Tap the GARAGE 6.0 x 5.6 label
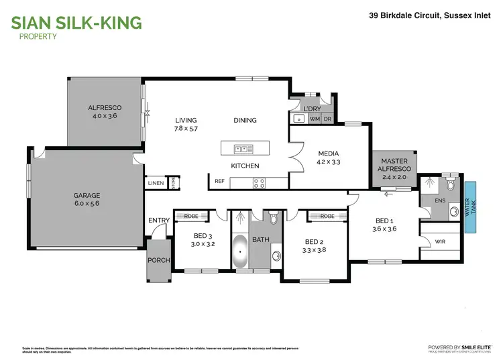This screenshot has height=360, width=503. pyautogui.click(x=87, y=200)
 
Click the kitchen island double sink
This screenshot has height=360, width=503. pyautogui.click(x=241, y=149)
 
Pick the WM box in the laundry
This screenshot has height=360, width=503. pyautogui.click(x=315, y=119)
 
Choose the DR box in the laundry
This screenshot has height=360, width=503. pyautogui.click(x=327, y=119)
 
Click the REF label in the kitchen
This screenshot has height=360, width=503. pyautogui.click(x=219, y=181)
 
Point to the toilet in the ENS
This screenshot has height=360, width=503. pyautogui.click(x=451, y=183)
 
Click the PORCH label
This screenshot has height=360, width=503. pyautogui.click(x=160, y=260)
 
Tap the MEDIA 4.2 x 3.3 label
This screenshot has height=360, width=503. pyautogui.click(x=329, y=158)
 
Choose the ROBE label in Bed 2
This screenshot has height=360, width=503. pyautogui.click(x=327, y=216)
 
